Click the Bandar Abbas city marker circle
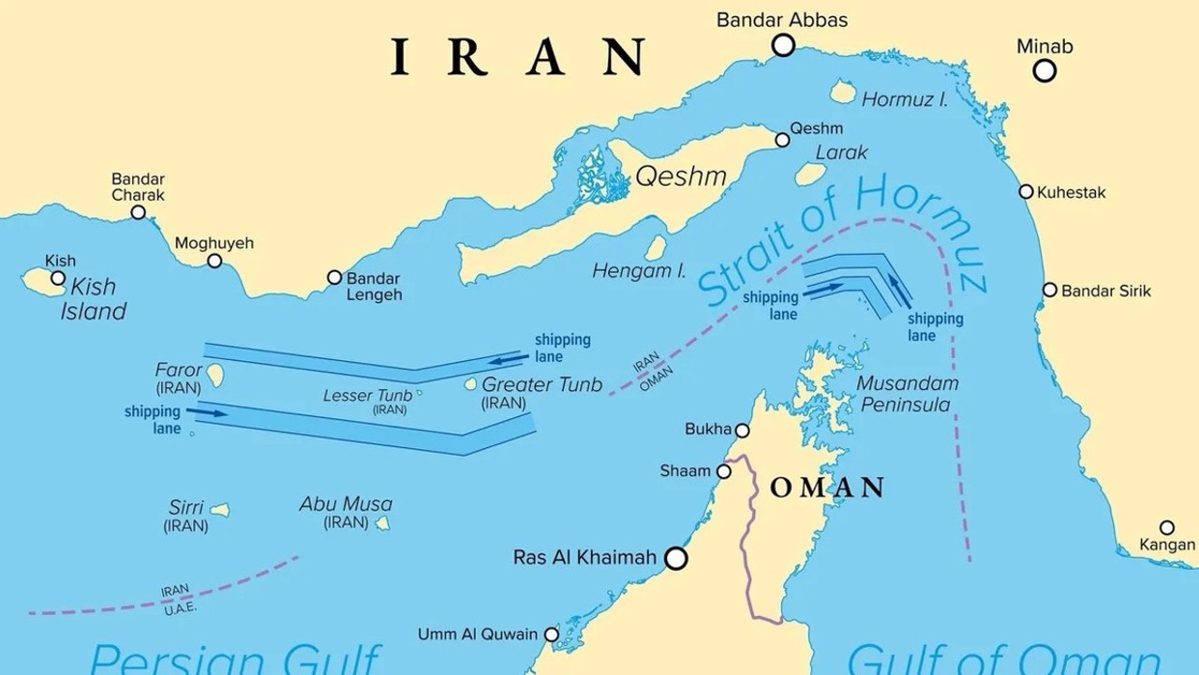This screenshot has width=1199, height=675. [783, 44]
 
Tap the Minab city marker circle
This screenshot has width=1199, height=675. [1044, 70]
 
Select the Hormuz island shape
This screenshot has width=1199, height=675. [842, 92]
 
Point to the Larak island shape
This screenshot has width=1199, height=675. [810, 174]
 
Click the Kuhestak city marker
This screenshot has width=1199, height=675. [1026, 192]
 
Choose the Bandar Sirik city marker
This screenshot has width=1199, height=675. [1050, 291]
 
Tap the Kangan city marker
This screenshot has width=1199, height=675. [1166, 528]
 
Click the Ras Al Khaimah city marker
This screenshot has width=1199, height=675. [674, 559]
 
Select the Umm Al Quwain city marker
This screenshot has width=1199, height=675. [552, 635]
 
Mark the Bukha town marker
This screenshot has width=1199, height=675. [742, 430]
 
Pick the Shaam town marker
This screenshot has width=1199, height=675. [723, 472]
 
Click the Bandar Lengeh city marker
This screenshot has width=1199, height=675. [334, 277]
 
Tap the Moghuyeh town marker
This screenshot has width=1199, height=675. [215, 261]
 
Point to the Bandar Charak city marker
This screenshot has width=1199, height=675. [138, 213]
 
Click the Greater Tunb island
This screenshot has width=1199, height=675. [471, 384]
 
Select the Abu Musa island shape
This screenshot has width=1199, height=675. [382, 524]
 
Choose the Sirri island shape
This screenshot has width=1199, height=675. [219, 510]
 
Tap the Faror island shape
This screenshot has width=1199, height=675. [215, 376]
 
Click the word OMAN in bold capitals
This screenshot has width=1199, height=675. [827, 487]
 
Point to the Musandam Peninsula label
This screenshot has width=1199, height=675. [907, 394]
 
